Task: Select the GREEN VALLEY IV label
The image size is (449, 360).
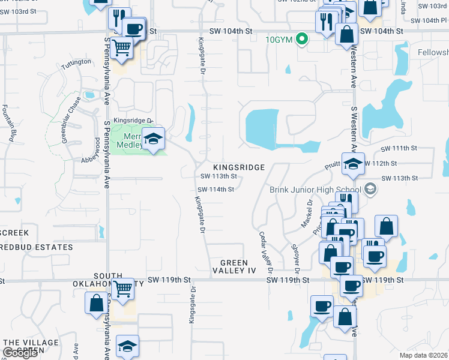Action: [243, 267]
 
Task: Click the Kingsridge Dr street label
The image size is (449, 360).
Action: [131, 120]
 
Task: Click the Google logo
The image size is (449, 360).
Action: [20, 353]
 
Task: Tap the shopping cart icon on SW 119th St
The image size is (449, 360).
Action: [123, 289]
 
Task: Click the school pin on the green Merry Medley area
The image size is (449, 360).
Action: [153, 139]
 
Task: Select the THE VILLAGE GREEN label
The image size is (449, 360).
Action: [31, 347]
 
